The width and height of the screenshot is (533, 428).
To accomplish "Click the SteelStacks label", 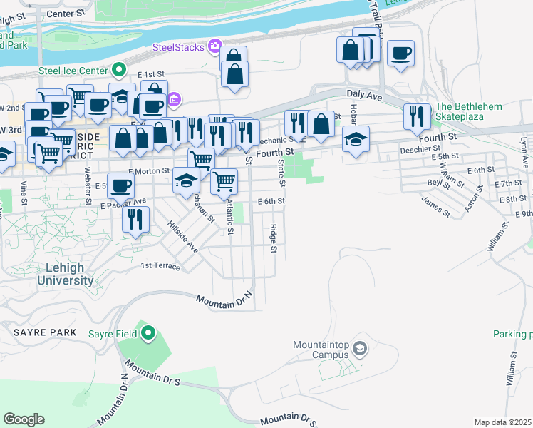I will [178, 47].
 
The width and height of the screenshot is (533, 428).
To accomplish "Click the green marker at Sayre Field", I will [148, 332].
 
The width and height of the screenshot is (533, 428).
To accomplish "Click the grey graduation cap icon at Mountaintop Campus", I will [360, 348].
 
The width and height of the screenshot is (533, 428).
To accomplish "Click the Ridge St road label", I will [273, 238].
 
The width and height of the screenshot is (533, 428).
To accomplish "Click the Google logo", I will [24, 419].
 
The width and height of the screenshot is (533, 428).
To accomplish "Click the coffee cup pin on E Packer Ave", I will [121, 186].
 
